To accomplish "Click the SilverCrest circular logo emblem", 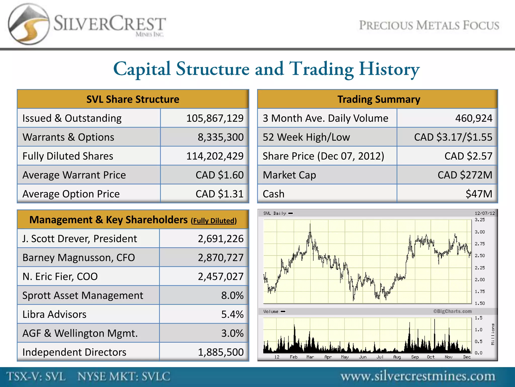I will [x=28, y=24].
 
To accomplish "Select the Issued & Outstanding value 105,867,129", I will [x=215, y=118].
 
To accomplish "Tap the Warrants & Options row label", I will [x=68, y=137].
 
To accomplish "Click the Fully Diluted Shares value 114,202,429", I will [x=215, y=156].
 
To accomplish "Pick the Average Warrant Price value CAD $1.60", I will [x=220, y=175].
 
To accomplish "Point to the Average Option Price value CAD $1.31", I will [x=220, y=194].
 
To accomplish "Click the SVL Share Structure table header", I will [x=133, y=99].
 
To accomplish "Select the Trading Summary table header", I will [x=378, y=99].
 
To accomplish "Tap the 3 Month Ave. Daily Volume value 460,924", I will [x=474, y=118].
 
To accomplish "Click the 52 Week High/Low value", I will [x=453, y=137].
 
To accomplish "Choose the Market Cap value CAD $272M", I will [x=465, y=175].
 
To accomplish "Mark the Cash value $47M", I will [x=479, y=194].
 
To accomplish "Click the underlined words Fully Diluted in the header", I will [x=214, y=221].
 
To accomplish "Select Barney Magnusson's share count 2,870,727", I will [x=221, y=258].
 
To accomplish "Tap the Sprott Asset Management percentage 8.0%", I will [x=232, y=296].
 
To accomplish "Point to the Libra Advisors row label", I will [x=54, y=314].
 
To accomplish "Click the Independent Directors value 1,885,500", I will [x=221, y=352].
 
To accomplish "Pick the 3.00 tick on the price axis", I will [x=480, y=232].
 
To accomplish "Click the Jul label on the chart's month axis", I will [x=380, y=357].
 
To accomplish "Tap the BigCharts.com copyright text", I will [x=452, y=311].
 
